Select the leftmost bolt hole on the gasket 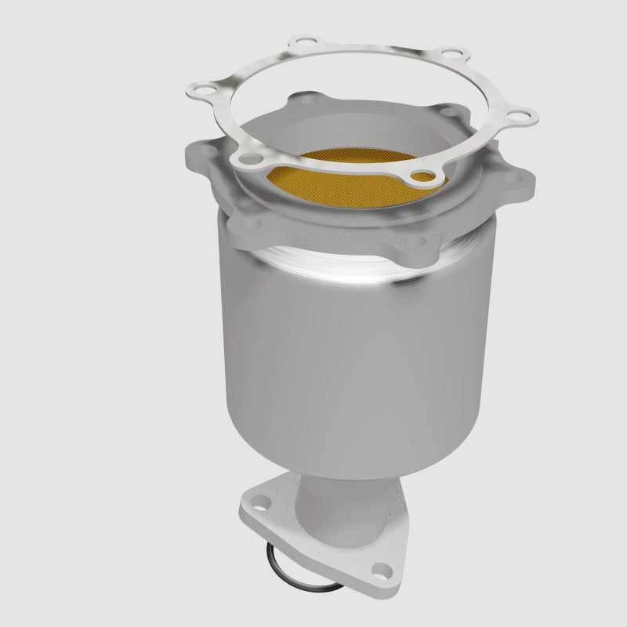[205, 89]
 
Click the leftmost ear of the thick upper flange [196, 153]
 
